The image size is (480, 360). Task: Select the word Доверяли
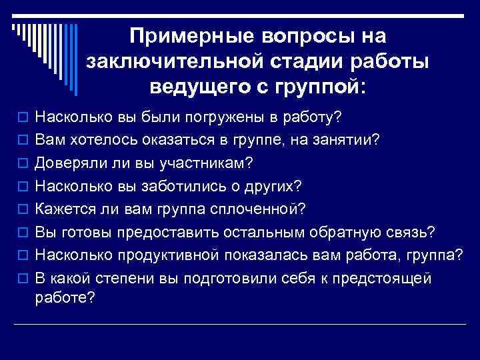[67, 163]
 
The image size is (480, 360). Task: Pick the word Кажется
[62, 209]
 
